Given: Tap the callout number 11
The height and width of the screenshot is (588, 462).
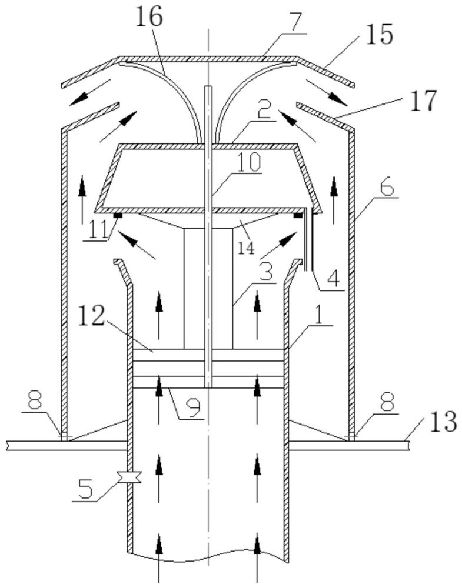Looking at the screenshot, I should click(97, 230).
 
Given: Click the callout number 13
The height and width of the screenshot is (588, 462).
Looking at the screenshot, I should click(443, 423).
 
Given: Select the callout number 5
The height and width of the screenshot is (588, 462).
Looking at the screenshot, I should click(86, 490).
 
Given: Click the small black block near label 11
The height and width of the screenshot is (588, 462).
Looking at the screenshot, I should click(118, 216).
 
